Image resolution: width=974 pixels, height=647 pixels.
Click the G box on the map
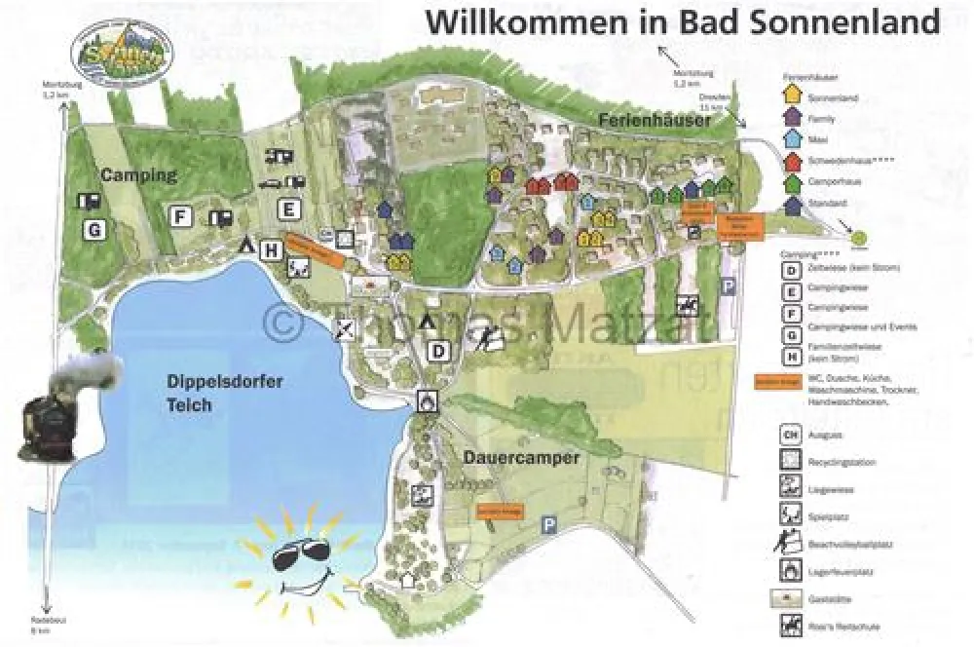pos(94,231)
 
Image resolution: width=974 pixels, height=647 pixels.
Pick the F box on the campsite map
pos(179,216)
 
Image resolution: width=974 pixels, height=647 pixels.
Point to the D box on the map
pos(439,351)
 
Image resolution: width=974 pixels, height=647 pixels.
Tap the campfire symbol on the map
pos(426,400)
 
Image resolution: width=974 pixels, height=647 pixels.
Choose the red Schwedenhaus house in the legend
pos(793,161)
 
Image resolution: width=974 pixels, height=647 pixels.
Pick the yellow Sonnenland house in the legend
pos(793,95)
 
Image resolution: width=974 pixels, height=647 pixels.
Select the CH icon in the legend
pos(791,434)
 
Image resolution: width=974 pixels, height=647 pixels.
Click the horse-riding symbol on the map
pos(688,305)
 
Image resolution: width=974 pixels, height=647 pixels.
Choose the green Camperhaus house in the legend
pos(793,182)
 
